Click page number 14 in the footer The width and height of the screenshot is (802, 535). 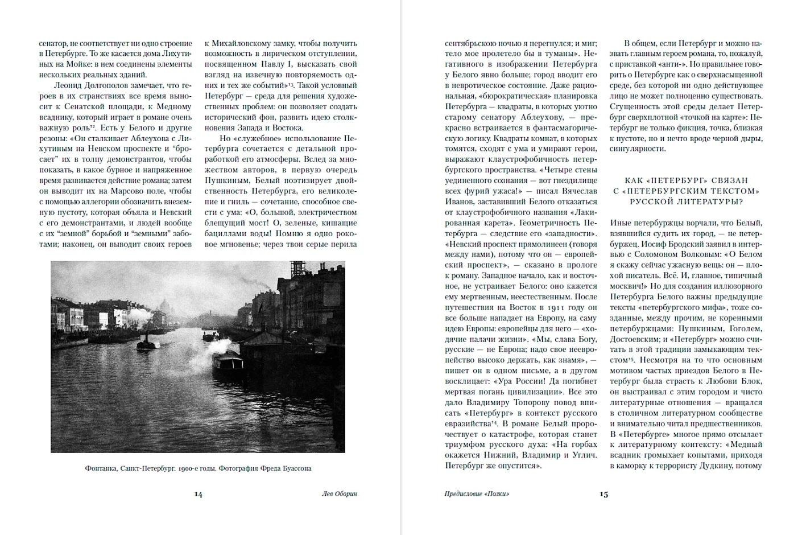coord(198,494)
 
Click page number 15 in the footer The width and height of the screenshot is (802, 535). coord(603,494)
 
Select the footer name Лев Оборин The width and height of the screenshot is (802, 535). coord(340,494)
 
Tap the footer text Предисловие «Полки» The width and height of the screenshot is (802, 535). coord(477,494)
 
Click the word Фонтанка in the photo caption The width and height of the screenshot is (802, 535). coord(101,468)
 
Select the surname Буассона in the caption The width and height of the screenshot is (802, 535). coord(295,468)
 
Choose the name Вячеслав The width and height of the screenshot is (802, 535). coord(574,191)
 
